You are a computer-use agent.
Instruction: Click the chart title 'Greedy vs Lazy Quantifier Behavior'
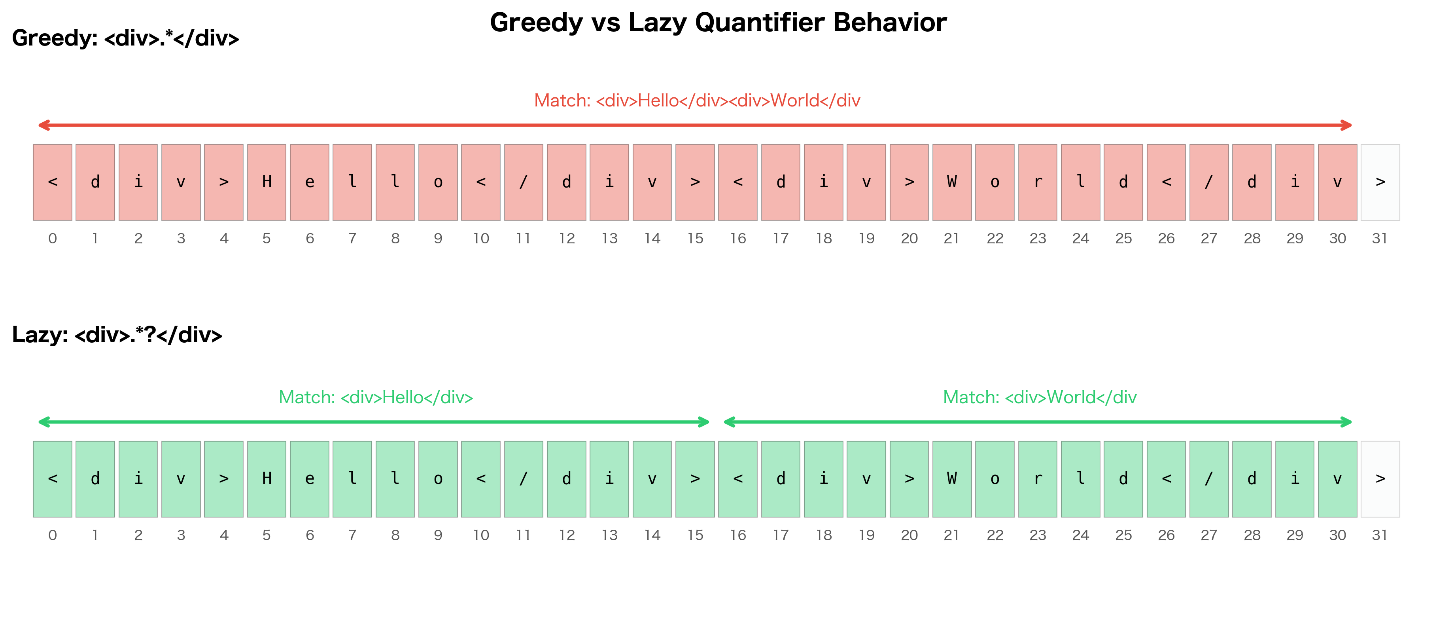[x=718, y=23]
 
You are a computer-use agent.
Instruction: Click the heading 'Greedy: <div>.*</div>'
[x=125, y=38]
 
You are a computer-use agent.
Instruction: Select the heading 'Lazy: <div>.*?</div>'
[x=117, y=335]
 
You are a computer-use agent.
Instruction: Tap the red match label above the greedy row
[x=697, y=101]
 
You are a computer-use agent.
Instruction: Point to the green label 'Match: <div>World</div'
[x=1039, y=397]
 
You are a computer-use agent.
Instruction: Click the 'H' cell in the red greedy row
[x=267, y=182]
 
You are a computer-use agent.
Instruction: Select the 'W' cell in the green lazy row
[x=952, y=479]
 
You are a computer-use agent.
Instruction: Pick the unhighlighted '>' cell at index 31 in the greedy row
[x=1380, y=182]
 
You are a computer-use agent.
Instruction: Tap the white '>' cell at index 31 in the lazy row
[x=1380, y=479]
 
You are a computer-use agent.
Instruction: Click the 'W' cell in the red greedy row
[x=952, y=182]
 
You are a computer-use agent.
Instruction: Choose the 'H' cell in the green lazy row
[x=267, y=479]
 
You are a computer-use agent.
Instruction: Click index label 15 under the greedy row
[x=695, y=239]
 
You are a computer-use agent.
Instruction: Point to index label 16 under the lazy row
[x=738, y=536]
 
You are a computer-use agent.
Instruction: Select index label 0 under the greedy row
[x=53, y=239]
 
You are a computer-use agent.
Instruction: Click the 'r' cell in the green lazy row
[x=1038, y=479]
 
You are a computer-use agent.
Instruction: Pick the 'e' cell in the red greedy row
[x=310, y=182]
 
